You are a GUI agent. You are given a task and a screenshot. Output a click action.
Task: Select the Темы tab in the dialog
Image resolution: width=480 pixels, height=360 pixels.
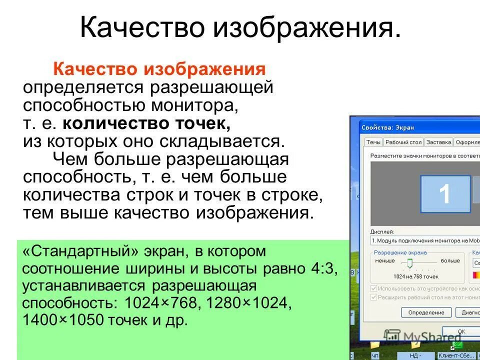pyautogui.click(x=373, y=142)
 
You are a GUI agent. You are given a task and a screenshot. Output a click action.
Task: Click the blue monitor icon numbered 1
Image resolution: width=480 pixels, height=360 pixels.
pyautogui.click(x=444, y=194)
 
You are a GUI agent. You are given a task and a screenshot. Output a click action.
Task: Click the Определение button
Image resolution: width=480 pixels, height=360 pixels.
pyautogui.click(x=426, y=312)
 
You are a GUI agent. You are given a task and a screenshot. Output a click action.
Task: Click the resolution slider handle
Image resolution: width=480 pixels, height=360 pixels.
pyautogui.click(x=409, y=264)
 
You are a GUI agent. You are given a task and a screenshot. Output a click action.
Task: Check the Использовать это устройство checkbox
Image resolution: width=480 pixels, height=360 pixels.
pyautogui.click(x=374, y=288)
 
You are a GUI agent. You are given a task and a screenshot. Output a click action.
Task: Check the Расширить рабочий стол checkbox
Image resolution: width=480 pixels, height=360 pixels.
pyautogui.click(x=374, y=297)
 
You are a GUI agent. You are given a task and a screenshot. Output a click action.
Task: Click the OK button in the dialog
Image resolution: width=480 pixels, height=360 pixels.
pyautogui.click(x=461, y=331)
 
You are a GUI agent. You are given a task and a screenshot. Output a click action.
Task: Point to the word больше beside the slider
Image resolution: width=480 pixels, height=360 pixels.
pyautogui.click(x=450, y=260)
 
